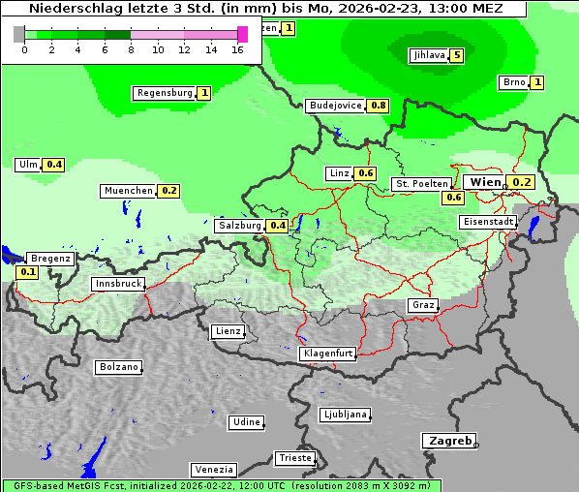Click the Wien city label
(x=485, y=182)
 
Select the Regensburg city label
(x=164, y=93)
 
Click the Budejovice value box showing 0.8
(x=379, y=106)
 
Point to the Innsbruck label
(x=117, y=284)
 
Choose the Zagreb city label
(x=449, y=441)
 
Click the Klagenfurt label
(x=327, y=354)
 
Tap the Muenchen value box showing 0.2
(x=170, y=191)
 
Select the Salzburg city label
(x=239, y=226)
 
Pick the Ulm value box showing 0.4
(x=54, y=165)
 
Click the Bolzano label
(x=118, y=367)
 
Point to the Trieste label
(x=294, y=458)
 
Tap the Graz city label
(x=422, y=305)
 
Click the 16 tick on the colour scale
(x=237, y=49)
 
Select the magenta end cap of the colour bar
(x=242, y=34)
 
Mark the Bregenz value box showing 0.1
(x=28, y=273)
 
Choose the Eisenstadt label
(x=487, y=222)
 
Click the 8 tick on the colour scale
(x=131, y=49)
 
